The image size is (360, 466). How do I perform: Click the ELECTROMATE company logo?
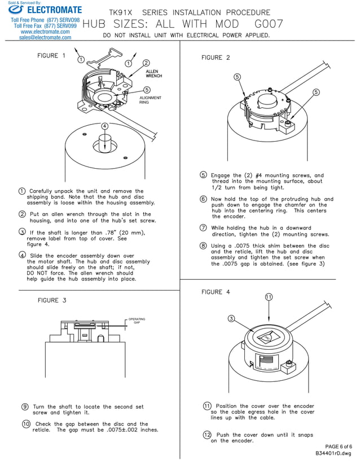pos(45,10)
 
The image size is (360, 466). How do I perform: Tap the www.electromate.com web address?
pos(45,32)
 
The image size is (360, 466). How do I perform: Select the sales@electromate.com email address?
pos(45,38)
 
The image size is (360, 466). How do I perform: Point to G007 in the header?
pos(269,24)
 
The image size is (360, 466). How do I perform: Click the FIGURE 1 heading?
pos(51,55)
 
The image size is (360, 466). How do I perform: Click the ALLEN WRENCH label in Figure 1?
pos(153,73)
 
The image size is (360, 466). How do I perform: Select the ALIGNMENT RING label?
pos(150,100)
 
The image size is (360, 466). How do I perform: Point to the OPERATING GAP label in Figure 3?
pos(137,320)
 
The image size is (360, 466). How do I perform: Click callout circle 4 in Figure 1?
pos(104,126)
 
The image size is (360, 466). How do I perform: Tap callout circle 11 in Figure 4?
pos(269,297)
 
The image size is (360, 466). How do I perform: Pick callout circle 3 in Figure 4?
pos(231,319)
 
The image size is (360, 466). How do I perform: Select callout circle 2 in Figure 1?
pos(146,63)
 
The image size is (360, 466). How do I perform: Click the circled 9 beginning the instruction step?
pos(25,406)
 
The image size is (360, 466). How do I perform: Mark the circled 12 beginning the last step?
pos(207,434)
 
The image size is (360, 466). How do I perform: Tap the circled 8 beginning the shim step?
pos(203,245)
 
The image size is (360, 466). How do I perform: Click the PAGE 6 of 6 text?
pos(338,446)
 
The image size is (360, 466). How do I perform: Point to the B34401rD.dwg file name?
pos(333,453)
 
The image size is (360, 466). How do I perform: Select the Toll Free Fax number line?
pos(45,25)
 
